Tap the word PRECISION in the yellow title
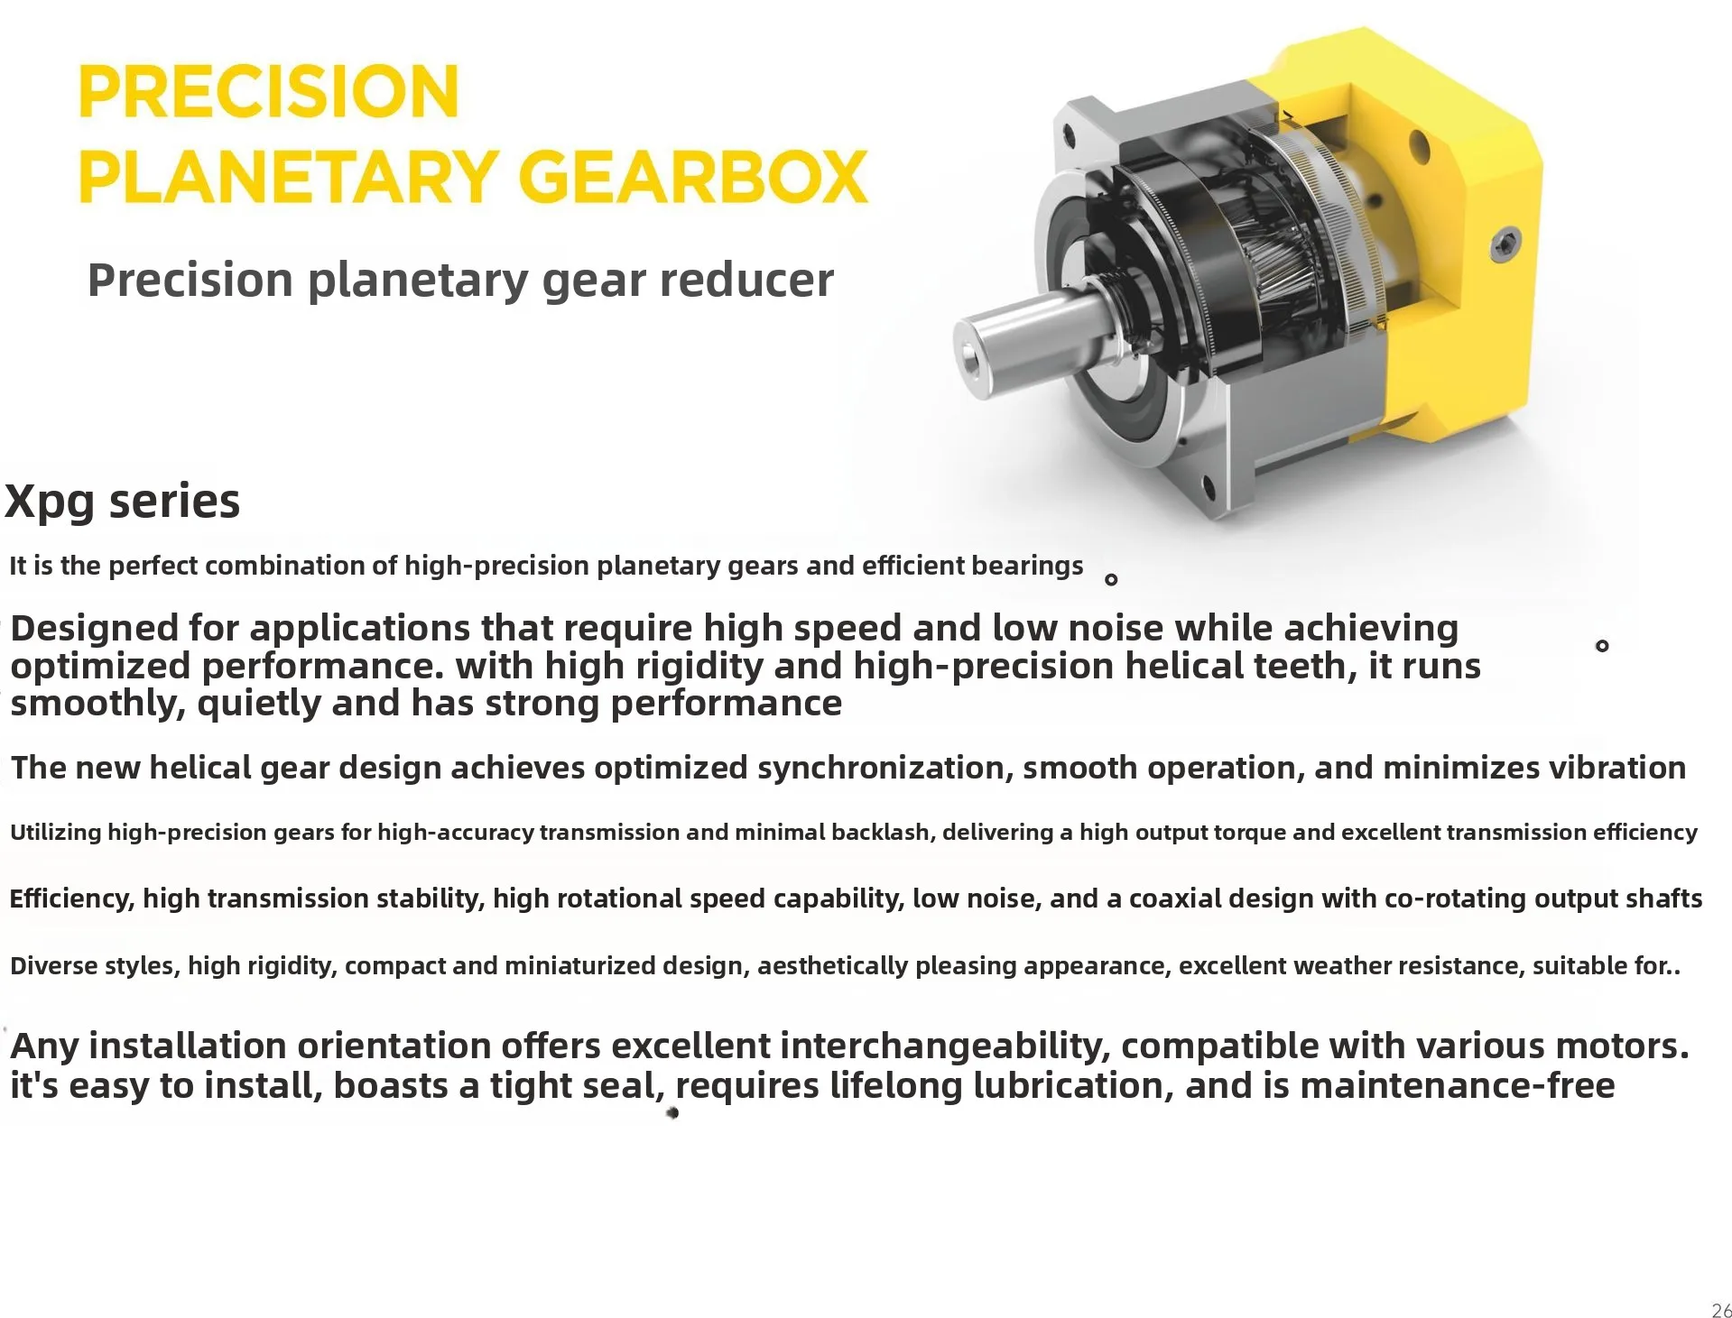(x=269, y=92)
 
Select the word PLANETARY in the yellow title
(x=289, y=177)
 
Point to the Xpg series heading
(x=123, y=502)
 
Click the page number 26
(x=1720, y=1311)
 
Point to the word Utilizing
(x=56, y=832)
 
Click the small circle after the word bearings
(x=1111, y=580)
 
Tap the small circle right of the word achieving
(x=1602, y=646)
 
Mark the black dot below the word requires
(x=672, y=1113)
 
